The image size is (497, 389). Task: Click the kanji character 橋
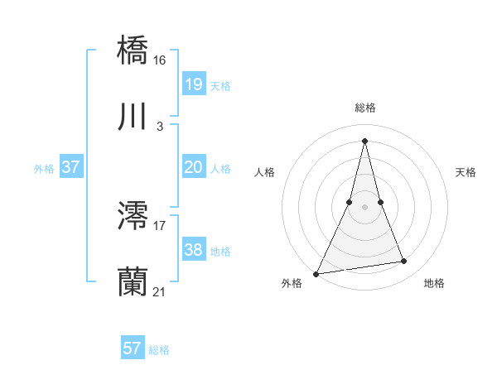click(133, 50)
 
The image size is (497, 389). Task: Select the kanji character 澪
click(133, 215)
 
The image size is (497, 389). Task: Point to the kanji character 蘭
click(133, 281)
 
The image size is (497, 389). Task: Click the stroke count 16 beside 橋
click(160, 60)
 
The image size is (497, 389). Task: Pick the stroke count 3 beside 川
click(160, 127)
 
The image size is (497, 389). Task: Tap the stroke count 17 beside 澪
click(160, 226)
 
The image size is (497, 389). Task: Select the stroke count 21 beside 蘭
click(160, 292)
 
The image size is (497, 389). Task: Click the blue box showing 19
click(193, 84)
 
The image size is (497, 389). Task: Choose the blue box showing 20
click(193, 167)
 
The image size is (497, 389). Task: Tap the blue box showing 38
click(193, 250)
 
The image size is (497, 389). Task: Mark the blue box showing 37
click(70, 167)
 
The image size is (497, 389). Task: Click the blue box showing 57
click(133, 348)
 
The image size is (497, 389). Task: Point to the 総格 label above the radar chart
click(364, 108)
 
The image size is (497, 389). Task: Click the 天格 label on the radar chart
click(466, 172)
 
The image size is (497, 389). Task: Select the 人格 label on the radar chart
click(265, 172)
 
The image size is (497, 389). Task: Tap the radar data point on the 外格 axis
click(316, 273)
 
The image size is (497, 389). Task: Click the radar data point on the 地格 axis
click(404, 262)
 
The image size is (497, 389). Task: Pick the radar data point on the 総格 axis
click(364, 140)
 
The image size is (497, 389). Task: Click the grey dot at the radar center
click(364, 207)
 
